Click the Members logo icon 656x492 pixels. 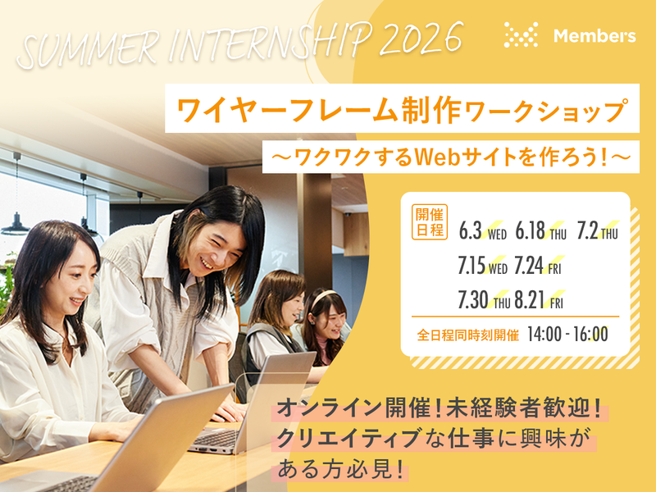(x=521, y=35)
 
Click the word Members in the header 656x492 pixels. (x=594, y=36)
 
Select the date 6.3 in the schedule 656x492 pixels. (x=471, y=231)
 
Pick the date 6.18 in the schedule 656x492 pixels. (x=531, y=231)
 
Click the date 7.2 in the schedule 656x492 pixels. (x=587, y=231)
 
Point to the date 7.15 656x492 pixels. (x=472, y=266)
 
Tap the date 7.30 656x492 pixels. (x=473, y=299)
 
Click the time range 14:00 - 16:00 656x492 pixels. (x=567, y=334)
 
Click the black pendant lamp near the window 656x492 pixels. (x=16, y=223)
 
